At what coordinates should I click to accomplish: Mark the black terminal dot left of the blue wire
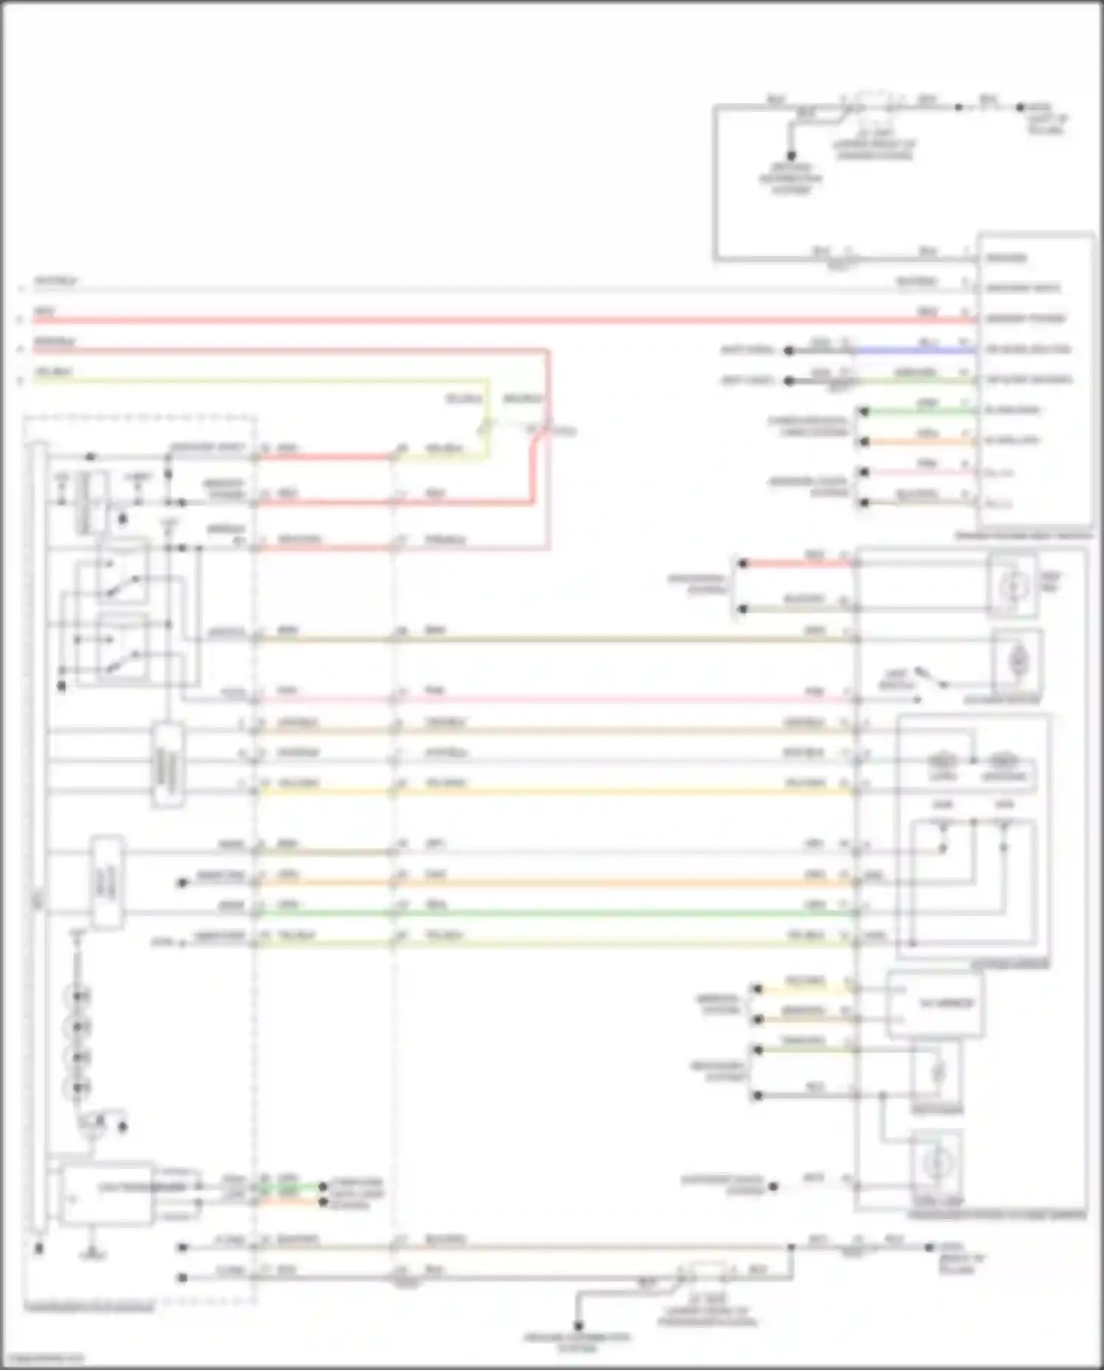coord(788,351)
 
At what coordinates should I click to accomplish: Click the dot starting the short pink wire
coord(865,472)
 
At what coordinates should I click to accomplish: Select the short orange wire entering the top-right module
coord(920,442)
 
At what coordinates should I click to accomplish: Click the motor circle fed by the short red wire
coord(1012,586)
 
